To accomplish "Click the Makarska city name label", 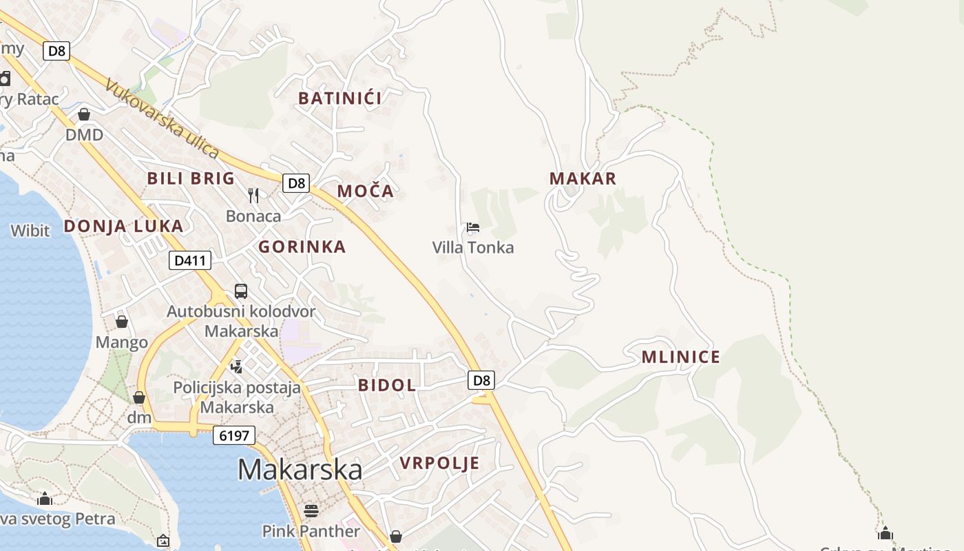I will click(x=300, y=469).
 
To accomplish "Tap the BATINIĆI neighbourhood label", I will click(x=340, y=98).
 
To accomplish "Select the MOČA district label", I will click(x=366, y=191).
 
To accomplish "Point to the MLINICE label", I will click(x=681, y=357).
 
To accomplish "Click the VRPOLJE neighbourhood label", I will click(x=440, y=463).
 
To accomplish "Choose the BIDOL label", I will click(x=387, y=385).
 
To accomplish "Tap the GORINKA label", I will click(x=302, y=247).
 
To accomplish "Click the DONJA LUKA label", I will click(x=124, y=226).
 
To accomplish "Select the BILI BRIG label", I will click(x=191, y=178).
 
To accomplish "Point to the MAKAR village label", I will click(x=583, y=178).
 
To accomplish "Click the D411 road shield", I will click(x=190, y=260).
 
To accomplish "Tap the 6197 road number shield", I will click(x=234, y=435).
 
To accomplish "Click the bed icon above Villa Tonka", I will click(x=472, y=227).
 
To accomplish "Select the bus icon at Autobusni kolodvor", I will click(x=241, y=291).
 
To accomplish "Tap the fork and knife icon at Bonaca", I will click(x=253, y=196).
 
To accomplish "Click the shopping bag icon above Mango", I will click(x=122, y=322).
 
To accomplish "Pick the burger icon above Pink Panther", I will click(x=311, y=510).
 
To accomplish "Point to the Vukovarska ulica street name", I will click(x=162, y=118).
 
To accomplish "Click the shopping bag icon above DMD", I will click(x=84, y=114).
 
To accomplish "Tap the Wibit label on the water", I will click(x=30, y=230).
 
